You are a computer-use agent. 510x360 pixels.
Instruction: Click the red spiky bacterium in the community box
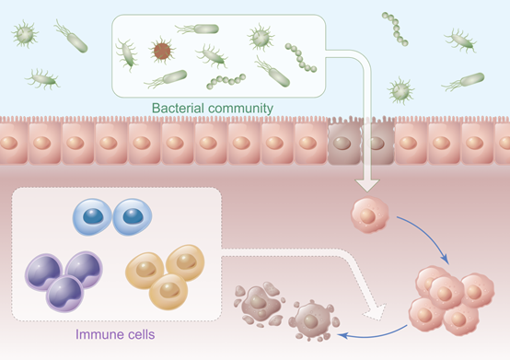point(162,51)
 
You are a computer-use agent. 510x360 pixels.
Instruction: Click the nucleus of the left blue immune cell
point(93,216)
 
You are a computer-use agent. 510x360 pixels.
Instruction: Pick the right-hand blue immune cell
point(132,216)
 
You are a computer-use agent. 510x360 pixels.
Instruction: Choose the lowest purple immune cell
point(64,294)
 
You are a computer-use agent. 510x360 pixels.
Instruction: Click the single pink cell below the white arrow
point(369,215)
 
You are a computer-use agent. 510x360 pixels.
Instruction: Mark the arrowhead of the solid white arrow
point(367,185)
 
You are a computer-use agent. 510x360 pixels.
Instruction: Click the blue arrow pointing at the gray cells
point(373,335)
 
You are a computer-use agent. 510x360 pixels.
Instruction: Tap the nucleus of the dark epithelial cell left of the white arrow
point(342,143)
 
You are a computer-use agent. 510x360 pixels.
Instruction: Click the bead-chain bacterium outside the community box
point(395,29)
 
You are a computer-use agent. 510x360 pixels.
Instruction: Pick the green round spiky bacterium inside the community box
point(261,38)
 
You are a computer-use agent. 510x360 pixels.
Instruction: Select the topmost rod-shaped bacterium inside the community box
point(198,29)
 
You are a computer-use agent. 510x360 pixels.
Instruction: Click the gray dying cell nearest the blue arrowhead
point(313,320)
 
